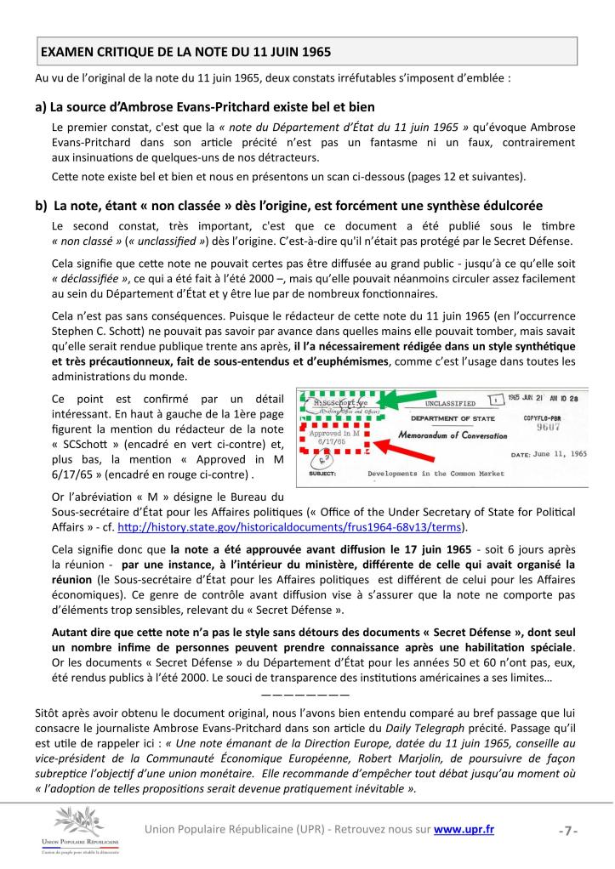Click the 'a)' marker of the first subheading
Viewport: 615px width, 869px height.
40,107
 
